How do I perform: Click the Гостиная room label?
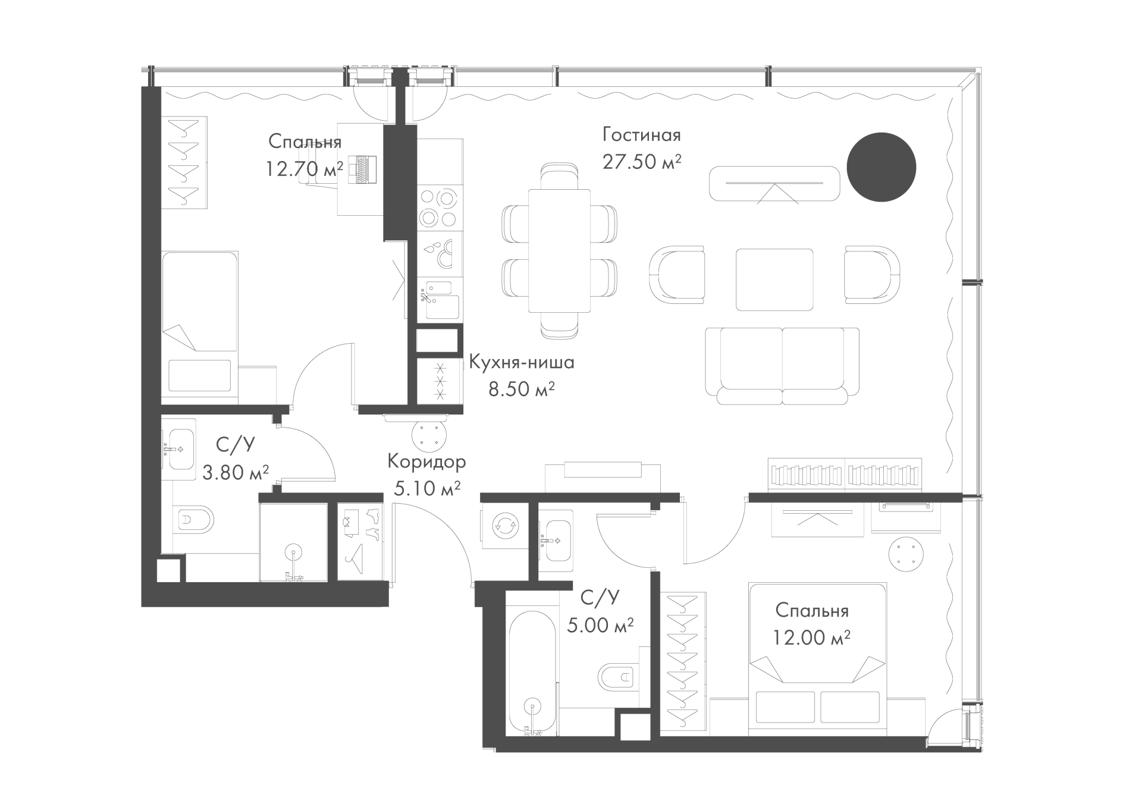click(x=641, y=135)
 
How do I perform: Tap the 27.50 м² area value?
click(x=641, y=162)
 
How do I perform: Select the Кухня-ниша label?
click(x=522, y=362)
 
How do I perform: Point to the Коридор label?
click(x=426, y=461)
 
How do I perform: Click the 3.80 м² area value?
click(x=236, y=473)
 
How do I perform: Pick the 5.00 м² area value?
click(x=600, y=625)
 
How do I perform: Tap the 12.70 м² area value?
click(x=305, y=169)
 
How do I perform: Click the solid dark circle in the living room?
click(x=881, y=168)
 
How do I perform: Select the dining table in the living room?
click(x=559, y=250)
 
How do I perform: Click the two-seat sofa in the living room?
click(x=782, y=366)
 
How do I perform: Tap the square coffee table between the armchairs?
click(x=774, y=280)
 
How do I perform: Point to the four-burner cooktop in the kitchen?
click(x=440, y=208)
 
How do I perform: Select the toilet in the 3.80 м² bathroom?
click(x=195, y=522)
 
